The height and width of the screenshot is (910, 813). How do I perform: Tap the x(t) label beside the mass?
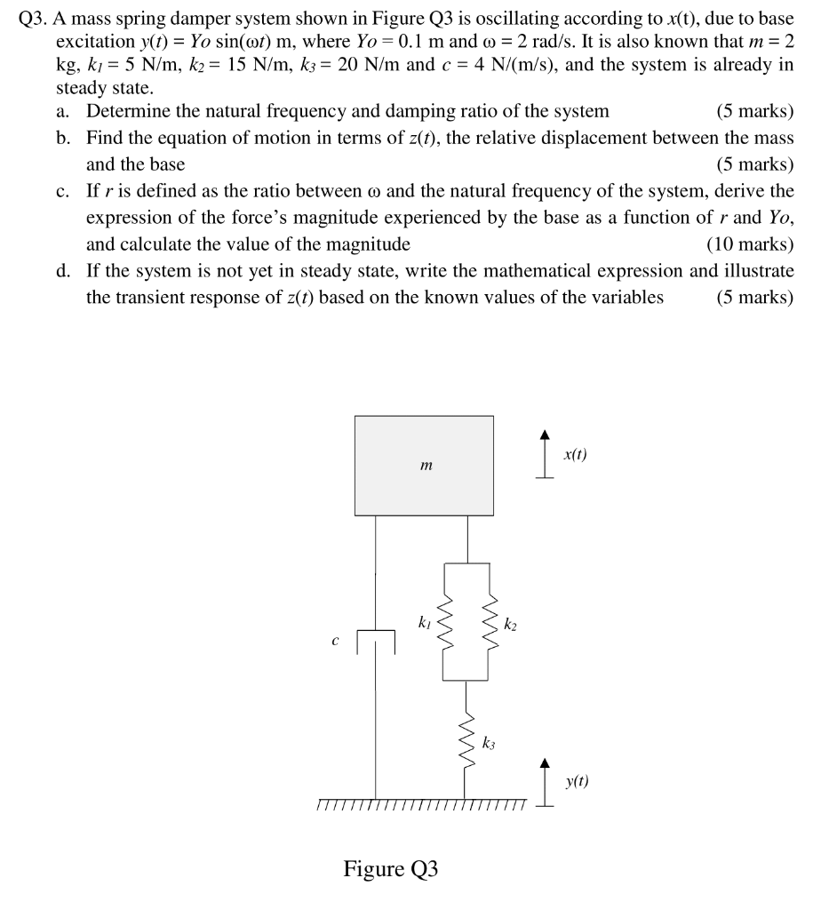click(x=575, y=455)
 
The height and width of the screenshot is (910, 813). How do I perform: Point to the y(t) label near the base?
click(x=576, y=782)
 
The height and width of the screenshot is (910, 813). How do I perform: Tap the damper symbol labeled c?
click(x=376, y=642)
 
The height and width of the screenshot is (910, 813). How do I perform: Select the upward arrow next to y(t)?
click(x=545, y=782)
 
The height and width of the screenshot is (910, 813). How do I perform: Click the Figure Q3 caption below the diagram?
click(x=391, y=868)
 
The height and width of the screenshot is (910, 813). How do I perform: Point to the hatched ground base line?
click(x=422, y=804)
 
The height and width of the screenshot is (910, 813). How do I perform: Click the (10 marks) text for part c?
click(x=749, y=244)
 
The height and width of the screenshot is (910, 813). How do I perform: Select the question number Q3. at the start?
click(x=35, y=15)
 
